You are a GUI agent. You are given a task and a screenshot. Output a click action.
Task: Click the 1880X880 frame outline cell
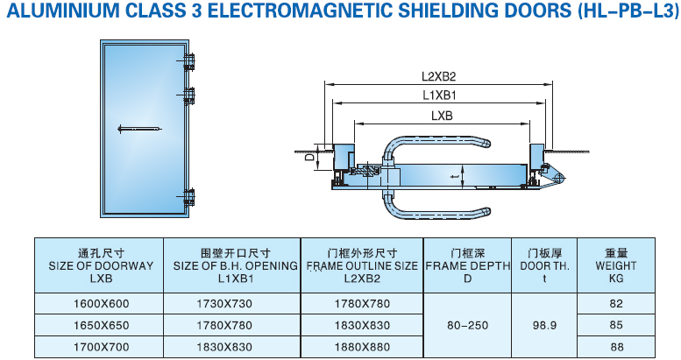pos(363,346)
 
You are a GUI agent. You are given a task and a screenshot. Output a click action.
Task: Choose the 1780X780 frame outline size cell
pos(363,304)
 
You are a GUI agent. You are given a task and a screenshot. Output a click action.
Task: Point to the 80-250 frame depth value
pos(467,325)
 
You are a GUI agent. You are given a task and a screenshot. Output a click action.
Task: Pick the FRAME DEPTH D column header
pos(467,265)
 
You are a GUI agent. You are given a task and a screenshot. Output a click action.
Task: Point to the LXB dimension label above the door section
pos(442,115)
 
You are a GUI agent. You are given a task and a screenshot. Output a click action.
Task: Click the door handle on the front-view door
pos(139,129)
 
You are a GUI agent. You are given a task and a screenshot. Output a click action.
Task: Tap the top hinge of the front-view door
pos(188,62)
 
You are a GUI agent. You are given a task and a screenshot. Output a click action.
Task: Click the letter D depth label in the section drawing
pos(309,159)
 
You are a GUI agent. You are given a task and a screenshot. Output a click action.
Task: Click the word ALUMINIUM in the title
pos(53,11)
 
